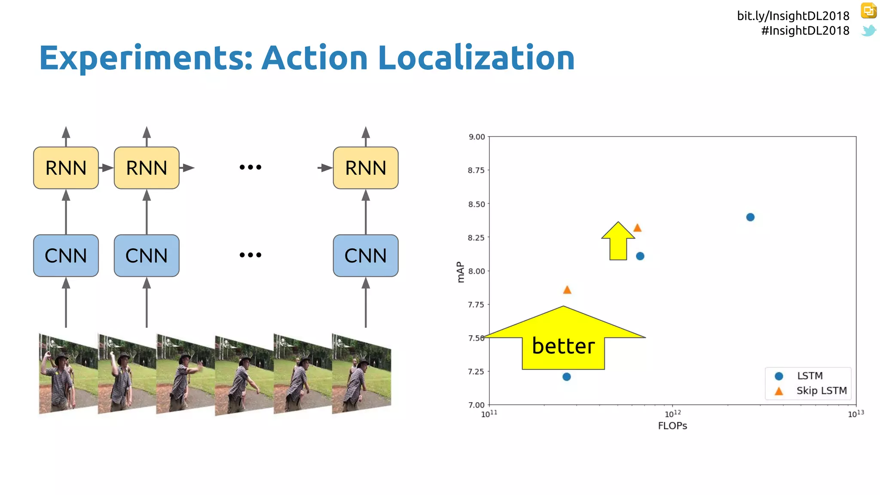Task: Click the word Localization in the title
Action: (476, 58)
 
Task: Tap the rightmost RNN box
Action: (366, 168)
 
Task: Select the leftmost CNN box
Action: (66, 256)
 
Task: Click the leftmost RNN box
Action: (66, 168)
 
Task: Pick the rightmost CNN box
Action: (366, 256)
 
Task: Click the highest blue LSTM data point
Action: (750, 217)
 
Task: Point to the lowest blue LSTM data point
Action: (566, 377)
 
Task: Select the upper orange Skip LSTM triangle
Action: (637, 228)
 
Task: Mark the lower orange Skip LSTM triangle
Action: (567, 290)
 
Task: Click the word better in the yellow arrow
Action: (563, 346)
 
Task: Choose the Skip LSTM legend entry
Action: (821, 391)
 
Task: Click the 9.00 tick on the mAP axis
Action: (477, 137)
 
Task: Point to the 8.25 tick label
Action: (476, 238)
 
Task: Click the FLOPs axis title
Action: (672, 426)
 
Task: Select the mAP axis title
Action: (461, 272)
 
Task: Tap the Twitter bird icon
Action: (868, 31)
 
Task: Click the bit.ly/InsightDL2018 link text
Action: (793, 16)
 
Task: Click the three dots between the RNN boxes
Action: (251, 167)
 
